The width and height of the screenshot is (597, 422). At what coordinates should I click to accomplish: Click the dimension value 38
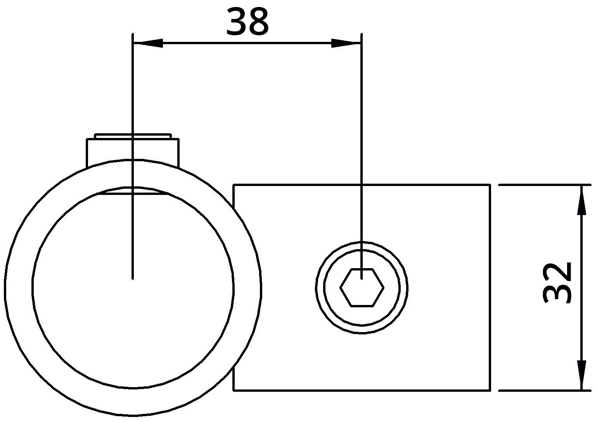pos(247,22)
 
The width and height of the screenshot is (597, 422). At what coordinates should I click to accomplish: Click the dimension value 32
pos(557,282)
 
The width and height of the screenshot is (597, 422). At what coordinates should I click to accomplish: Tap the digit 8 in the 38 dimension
pos(258,22)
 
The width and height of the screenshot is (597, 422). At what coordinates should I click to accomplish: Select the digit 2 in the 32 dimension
pos(557,273)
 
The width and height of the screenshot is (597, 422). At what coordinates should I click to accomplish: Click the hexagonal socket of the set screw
pos(362,288)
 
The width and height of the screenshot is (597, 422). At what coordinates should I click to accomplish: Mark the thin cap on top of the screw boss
pos(133,136)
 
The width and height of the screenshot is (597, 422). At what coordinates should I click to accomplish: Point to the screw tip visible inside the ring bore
pos(133,191)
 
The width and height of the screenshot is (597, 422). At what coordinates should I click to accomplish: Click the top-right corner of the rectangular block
pos(490,185)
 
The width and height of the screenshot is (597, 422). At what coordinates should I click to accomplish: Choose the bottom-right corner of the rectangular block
pos(490,390)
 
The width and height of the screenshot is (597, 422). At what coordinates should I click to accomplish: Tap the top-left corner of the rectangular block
pos(234,185)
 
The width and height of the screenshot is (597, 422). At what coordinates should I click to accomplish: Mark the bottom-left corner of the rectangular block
pos(234,390)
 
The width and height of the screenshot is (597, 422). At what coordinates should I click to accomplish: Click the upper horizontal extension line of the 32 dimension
pos(543,185)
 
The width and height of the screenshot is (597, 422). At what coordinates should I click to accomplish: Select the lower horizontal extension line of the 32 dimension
pos(543,390)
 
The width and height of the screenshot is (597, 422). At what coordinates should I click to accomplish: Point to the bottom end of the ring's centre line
pos(133,277)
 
